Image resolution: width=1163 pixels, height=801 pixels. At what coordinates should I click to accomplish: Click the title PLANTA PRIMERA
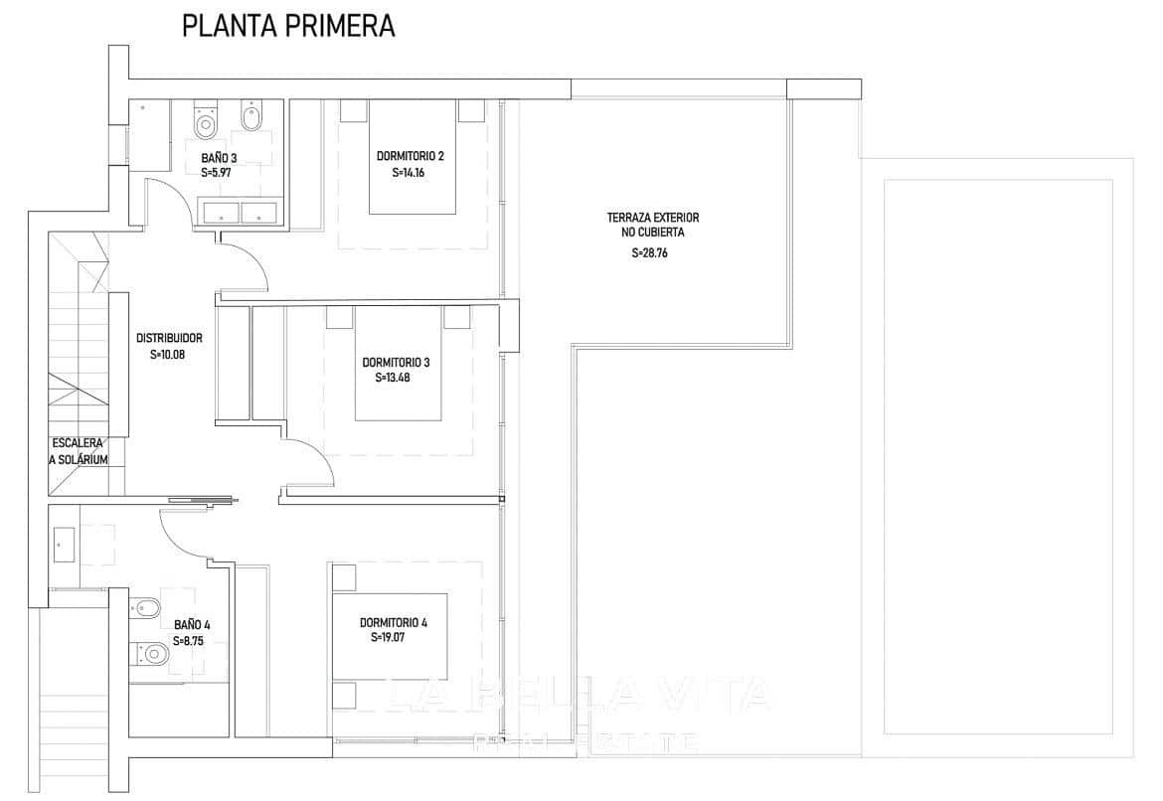pos(288,27)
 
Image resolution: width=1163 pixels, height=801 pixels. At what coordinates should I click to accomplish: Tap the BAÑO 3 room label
pos(219,157)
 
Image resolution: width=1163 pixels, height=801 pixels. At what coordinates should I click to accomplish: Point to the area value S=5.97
pos(218,172)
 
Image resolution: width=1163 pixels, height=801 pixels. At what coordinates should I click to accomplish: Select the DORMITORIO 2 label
pos(410,156)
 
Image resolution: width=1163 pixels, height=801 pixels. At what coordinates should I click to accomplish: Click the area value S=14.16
pos(409,172)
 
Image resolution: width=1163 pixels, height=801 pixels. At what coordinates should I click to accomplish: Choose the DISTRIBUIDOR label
pos(170,338)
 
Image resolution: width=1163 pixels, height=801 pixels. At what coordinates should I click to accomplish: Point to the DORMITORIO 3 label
pos(396,362)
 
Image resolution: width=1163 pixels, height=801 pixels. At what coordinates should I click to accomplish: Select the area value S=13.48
pos(393,378)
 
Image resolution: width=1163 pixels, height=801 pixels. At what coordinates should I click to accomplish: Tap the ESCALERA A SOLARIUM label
pos(79,451)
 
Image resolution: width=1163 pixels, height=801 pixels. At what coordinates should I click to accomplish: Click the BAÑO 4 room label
pos(192,625)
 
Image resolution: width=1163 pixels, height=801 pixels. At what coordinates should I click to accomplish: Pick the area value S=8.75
pos(189,641)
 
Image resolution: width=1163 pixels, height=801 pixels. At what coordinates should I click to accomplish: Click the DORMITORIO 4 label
pos(394,622)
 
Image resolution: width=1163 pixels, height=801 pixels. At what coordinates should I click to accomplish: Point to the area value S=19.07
pos(389,638)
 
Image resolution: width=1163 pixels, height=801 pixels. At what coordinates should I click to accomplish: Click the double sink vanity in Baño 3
pos(242,212)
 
